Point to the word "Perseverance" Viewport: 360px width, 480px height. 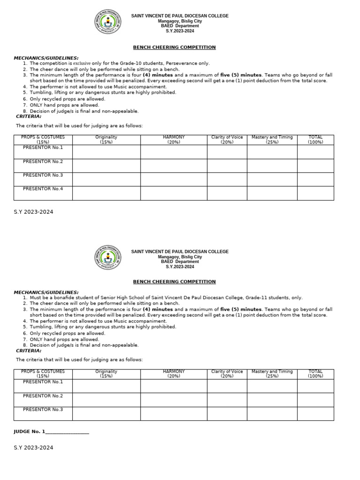coord(180,63)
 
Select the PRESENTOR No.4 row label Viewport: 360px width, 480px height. coord(43,189)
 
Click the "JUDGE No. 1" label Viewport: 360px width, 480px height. coord(30,431)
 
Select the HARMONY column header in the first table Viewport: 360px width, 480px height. coord(174,139)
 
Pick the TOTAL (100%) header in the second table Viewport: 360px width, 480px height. coord(315,374)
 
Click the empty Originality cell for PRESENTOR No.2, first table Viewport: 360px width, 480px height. coord(106,165)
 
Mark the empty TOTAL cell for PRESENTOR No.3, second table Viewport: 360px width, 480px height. coord(315,413)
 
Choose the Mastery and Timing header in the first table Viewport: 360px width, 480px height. coord(272,139)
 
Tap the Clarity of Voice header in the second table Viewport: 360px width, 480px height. coord(227,374)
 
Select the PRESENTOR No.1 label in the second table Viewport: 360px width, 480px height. coord(43,382)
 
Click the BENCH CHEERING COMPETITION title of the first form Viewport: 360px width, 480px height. coord(174,47)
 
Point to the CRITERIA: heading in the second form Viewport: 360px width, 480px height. coord(29,351)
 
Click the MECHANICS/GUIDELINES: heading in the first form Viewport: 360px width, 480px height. coord(46,58)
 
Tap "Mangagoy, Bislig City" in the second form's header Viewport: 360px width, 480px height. coord(180,257)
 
